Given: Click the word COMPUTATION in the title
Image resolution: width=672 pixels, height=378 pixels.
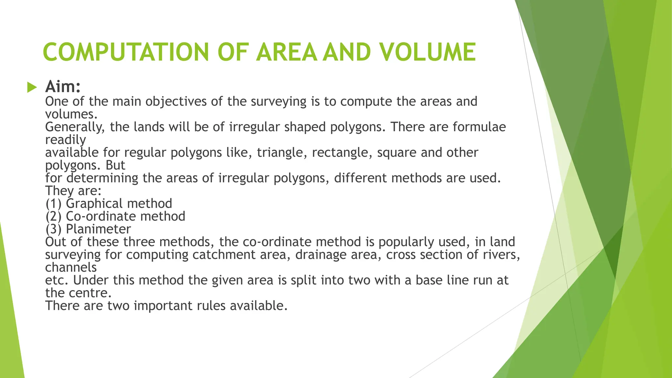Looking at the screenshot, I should coord(126,52).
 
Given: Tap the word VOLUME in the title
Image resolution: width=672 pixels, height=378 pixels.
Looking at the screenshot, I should coord(427,52).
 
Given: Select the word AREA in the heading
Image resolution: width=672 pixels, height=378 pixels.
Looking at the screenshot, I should coord(286,52).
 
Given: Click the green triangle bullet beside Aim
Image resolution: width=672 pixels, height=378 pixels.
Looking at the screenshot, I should coord(32,87).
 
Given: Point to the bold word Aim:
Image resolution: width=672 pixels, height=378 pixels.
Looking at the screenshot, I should coord(63,87).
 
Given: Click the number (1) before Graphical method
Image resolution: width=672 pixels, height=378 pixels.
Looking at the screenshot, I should coord(53,204).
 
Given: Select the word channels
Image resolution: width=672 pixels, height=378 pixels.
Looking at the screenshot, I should coord(71,268).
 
